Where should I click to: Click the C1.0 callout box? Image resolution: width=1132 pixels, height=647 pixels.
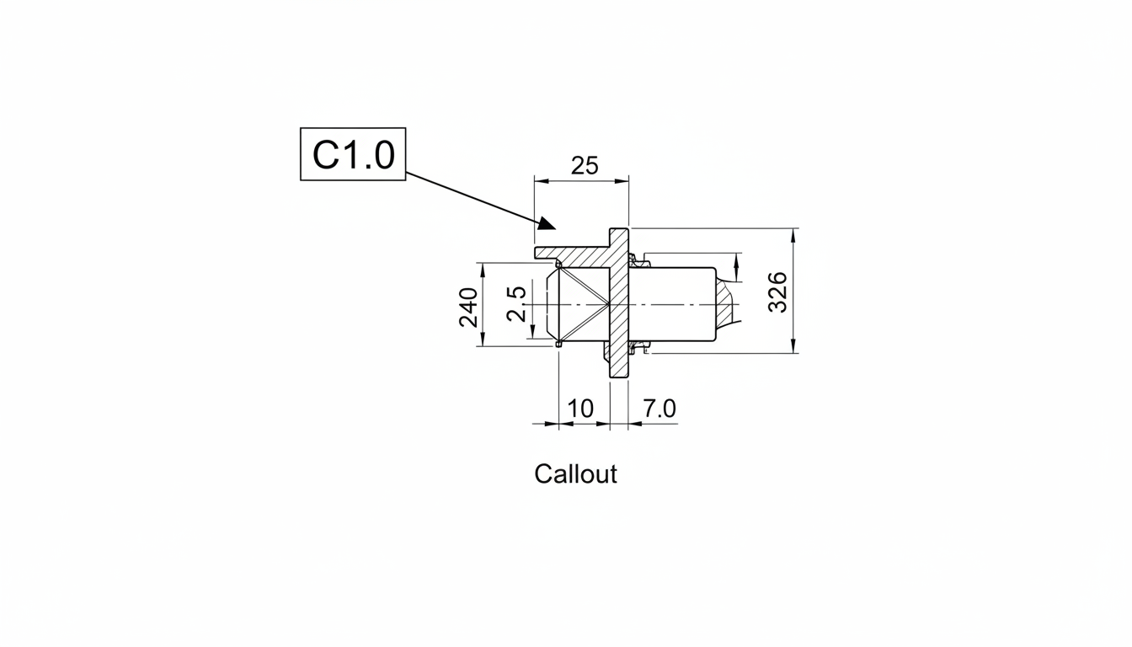click(353, 153)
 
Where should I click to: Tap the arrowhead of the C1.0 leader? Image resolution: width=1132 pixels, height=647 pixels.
click(547, 223)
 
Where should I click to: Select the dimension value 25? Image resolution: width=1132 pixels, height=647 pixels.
click(585, 165)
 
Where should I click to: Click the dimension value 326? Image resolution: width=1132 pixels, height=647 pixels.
click(777, 292)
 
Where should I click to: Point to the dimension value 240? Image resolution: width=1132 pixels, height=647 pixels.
click(468, 307)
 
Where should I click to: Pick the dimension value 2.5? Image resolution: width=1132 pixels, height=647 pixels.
click(516, 304)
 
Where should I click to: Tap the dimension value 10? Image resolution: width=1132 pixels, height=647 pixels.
click(580, 409)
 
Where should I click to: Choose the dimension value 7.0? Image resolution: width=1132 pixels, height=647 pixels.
click(659, 409)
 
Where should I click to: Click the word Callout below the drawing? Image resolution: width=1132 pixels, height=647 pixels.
click(575, 474)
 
